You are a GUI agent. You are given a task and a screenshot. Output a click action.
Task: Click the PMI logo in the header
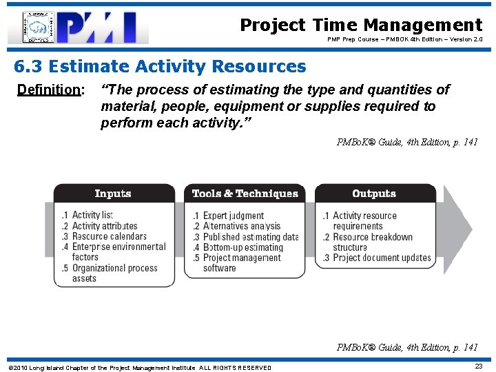tap(78, 27)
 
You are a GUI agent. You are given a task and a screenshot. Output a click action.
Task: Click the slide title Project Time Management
tap(361, 25)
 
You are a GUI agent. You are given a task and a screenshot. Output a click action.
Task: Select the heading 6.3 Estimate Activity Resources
tap(160, 67)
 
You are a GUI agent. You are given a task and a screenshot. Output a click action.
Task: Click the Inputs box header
tap(113, 194)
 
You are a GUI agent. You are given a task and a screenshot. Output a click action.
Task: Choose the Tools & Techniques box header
tap(245, 194)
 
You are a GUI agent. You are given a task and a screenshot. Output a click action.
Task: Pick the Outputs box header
tap(374, 194)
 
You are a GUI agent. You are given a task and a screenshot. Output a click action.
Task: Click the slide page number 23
tap(478, 366)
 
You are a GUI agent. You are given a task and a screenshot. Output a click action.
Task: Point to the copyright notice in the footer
tap(139, 367)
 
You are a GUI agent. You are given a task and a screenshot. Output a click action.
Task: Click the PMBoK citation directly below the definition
tap(406, 143)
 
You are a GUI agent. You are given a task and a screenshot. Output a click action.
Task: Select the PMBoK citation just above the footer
tap(406, 348)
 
